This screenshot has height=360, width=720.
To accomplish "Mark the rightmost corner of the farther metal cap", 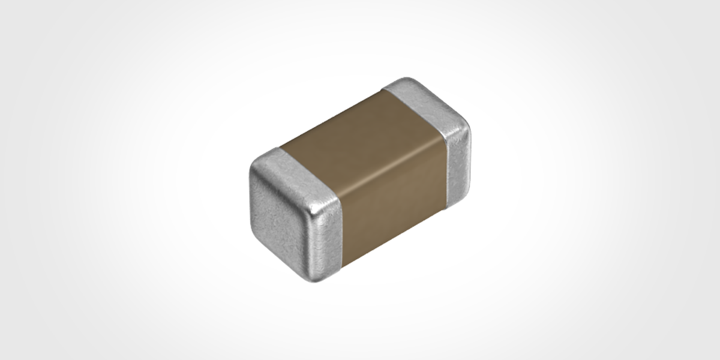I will pos(468,129).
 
